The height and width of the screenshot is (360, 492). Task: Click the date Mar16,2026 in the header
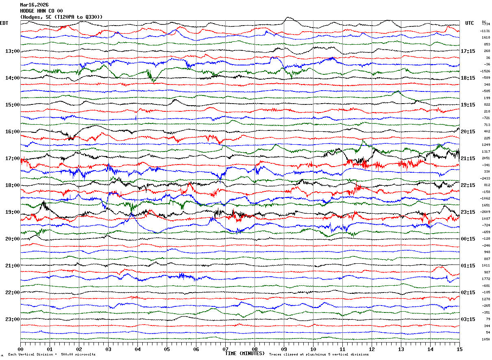(x=34, y=5)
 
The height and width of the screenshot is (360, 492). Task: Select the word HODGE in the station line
(x=28, y=11)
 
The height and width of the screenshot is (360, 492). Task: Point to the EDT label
(x=4, y=23)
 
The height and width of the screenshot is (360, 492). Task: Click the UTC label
(x=470, y=23)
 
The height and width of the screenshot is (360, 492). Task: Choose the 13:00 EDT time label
(x=13, y=51)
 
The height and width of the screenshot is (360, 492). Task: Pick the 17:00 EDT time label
(x=13, y=158)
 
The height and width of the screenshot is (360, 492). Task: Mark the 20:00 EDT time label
(x=13, y=239)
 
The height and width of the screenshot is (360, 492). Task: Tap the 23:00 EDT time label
(x=13, y=319)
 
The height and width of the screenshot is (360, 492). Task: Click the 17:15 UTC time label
(x=468, y=51)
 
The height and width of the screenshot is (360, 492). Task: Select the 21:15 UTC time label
(x=468, y=158)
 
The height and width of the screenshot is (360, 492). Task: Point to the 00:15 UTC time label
(x=468, y=239)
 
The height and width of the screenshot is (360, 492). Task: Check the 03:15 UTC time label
(x=468, y=319)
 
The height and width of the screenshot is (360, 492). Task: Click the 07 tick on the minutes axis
(x=225, y=349)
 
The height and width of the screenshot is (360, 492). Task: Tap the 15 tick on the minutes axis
(x=459, y=349)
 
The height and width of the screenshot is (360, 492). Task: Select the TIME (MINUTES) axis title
(x=245, y=353)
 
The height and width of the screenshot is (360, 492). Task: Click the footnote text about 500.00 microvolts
(x=52, y=355)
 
